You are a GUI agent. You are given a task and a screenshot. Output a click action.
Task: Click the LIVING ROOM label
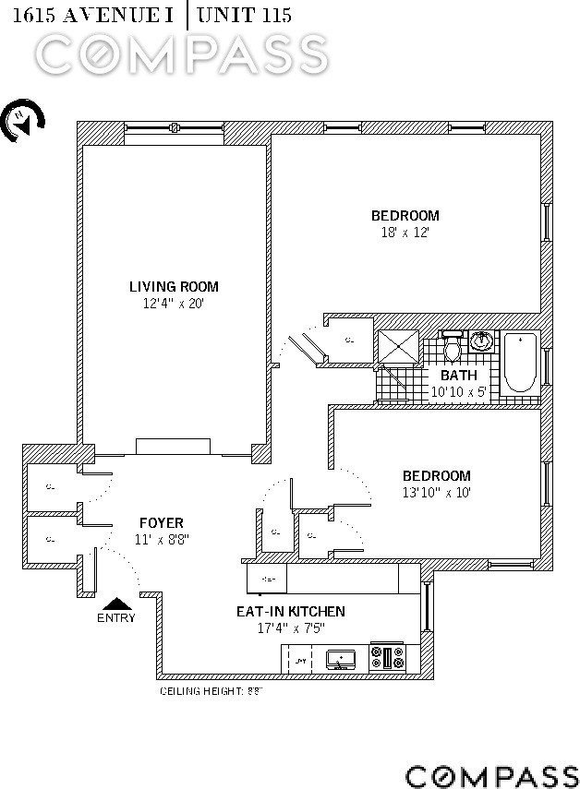pyautogui.click(x=174, y=287)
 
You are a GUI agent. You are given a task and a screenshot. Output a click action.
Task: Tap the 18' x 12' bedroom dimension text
pyautogui.click(x=405, y=233)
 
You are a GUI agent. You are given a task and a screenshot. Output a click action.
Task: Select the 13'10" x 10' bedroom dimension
pyautogui.click(x=436, y=493)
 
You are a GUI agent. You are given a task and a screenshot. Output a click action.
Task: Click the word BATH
pyautogui.click(x=459, y=376)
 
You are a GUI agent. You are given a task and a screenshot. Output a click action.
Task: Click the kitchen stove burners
pyautogui.click(x=389, y=658)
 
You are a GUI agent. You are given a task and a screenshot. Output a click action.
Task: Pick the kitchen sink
pyautogui.click(x=342, y=659)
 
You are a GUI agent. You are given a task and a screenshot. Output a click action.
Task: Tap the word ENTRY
pyautogui.click(x=115, y=618)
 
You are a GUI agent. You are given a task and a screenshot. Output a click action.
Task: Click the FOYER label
pyautogui.click(x=162, y=523)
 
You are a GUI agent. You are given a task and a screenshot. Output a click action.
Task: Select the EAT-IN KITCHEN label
pyautogui.click(x=290, y=611)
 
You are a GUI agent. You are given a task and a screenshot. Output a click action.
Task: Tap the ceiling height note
pyautogui.click(x=211, y=690)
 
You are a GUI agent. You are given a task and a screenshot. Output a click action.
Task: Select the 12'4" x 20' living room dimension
pyautogui.click(x=174, y=303)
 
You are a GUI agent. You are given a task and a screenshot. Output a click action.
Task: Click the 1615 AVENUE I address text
pyautogui.click(x=89, y=14)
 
